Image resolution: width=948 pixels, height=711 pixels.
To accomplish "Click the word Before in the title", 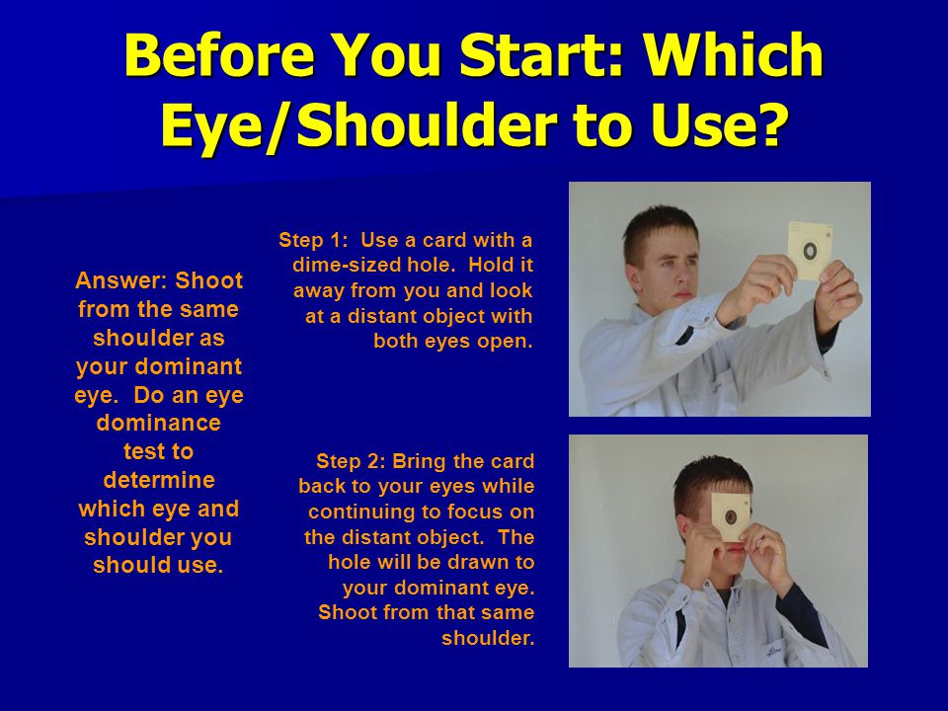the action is [x=220, y=55].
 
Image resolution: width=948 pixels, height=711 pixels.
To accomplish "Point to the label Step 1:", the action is [x=313, y=240].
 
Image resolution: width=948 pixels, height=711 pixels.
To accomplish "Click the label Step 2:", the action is [x=351, y=461].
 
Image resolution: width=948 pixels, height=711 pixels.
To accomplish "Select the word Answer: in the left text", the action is [x=122, y=280].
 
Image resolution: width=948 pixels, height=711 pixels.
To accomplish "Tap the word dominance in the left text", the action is [x=158, y=423].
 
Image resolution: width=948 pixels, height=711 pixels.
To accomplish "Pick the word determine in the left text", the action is [x=159, y=480].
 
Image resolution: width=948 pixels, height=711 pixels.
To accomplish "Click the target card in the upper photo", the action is [x=810, y=250].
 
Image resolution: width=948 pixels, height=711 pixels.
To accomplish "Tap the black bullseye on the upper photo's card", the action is [x=809, y=250].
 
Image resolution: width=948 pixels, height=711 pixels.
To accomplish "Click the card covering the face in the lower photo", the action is [x=731, y=516].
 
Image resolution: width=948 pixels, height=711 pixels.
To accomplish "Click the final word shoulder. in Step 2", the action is [x=488, y=638].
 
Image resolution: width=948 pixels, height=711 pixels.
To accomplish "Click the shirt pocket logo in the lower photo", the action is [x=772, y=651].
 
